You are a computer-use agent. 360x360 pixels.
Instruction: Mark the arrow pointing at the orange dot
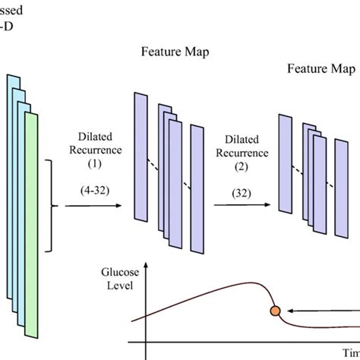point(327,310)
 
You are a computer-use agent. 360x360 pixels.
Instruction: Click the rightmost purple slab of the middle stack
point(197,190)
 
